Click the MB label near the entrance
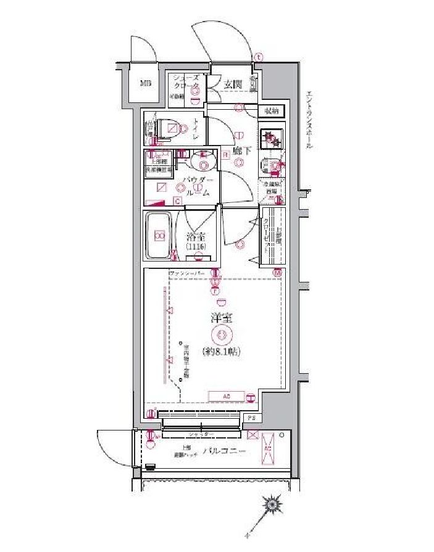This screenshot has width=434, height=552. pos(145,83)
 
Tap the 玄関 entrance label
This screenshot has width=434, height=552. pos(232,84)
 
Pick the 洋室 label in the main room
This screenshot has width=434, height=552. pos(221,319)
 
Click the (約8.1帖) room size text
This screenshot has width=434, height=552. pos(221,352)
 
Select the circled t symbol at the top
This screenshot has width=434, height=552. pos(258,57)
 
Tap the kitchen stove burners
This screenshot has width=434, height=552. pos(270,139)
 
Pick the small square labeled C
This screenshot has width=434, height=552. pos(177,201)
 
